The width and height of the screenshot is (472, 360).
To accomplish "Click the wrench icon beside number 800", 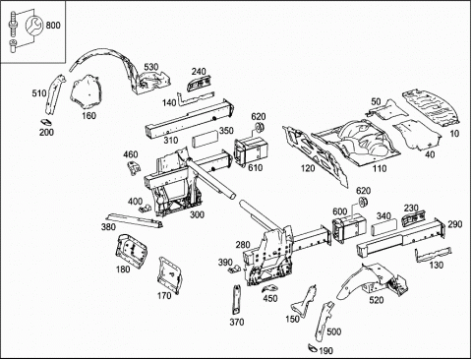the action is [x=33, y=26].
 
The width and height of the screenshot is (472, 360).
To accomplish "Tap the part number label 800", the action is [x=53, y=26].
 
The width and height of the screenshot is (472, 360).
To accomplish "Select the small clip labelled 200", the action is [x=47, y=123].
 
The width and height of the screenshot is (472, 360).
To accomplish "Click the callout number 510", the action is [x=39, y=93].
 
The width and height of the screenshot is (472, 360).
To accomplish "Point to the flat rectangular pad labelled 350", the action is [x=205, y=140].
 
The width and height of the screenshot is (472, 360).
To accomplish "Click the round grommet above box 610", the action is [x=260, y=128].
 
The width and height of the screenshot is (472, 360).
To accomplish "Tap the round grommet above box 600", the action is [x=362, y=202].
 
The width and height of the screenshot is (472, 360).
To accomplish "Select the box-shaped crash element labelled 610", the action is [x=251, y=151].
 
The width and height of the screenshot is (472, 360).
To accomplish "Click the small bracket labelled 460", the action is [x=134, y=168].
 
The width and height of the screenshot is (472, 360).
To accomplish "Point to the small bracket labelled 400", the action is [x=145, y=209].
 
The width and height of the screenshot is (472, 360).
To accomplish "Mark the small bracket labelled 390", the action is [x=234, y=269].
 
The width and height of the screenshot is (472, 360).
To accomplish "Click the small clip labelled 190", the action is [x=313, y=348].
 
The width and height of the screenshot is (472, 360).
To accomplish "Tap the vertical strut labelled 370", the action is [x=236, y=301].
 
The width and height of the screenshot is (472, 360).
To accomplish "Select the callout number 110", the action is [x=380, y=168].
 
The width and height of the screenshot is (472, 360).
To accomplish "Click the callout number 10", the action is [x=454, y=134].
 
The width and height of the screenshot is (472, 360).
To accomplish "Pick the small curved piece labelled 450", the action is [x=270, y=288].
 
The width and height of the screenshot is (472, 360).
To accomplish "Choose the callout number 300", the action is [x=197, y=214].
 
